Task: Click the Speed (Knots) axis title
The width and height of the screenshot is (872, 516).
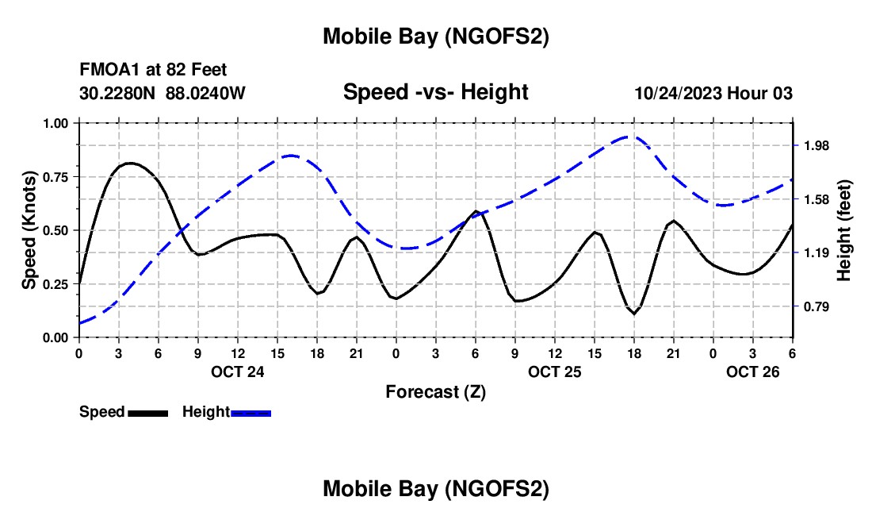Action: point(29,230)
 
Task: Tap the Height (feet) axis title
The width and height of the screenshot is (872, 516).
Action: point(843,230)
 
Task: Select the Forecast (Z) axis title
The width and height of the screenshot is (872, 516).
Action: point(435,391)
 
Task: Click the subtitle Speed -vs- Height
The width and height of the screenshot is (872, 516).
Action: point(435,92)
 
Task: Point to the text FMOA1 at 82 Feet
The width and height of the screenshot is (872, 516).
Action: point(153,71)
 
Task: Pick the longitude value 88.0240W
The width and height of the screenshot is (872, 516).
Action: point(205,93)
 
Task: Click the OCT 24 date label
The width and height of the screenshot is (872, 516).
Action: point(237,371)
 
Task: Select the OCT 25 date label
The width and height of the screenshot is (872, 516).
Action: point(555,371)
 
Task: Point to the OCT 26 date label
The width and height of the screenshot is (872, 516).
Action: point(753,371)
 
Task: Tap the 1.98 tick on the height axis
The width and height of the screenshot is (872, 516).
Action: point(816,145)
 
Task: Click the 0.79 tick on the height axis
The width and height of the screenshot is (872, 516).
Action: point(816,306)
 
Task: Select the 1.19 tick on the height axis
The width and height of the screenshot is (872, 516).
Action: point(816,252)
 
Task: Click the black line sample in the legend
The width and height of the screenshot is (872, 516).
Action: point(147,413)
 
